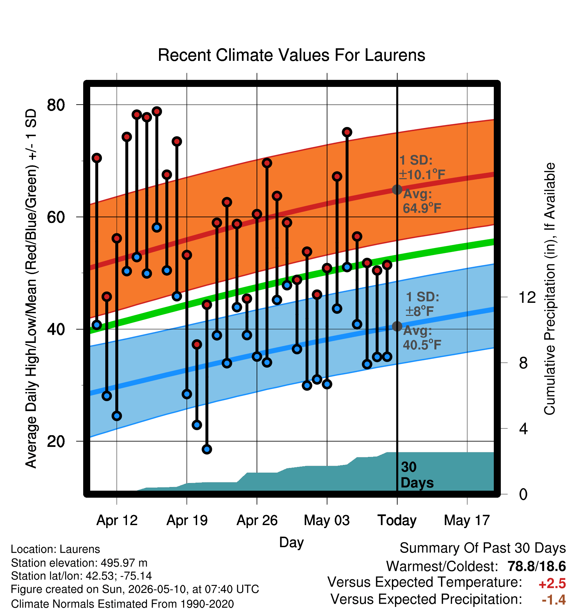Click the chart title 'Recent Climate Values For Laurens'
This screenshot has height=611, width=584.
pyautogui.click(x=291, y=55)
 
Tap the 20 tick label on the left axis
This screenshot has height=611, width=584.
pyautogui.click(x=56, y=442)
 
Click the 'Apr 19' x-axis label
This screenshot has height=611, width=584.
pyautogui.click(x=187, y=520)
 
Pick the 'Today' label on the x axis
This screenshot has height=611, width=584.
pyautogui.click(x=397, y=520)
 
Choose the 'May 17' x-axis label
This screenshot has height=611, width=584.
pyautogui.click(x=467, y=520)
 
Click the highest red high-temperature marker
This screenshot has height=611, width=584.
pyautogui.click(x=157, y=111)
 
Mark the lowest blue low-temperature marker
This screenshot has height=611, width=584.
pyautogui.click(x=207, y=449)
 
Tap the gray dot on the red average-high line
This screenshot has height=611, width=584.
pyautogui.click(x=397, y=190)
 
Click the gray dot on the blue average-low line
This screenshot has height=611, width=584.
pyautogui.click(x=397, y=326)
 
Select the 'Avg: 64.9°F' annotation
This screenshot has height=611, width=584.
pyautogui.click(x=422, y=201)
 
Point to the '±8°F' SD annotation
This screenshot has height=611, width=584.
pyautogui.click(x=420, y=312)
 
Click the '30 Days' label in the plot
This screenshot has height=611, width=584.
pyautogui.click(x=417, y=475)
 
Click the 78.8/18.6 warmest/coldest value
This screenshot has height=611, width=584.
pyautogui.click(x=537, y=566)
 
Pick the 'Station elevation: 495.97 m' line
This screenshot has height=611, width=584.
pyautogui.click(x=79, y=563)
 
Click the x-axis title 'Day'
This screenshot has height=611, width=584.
pyautogui.click(x=291, y=542)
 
